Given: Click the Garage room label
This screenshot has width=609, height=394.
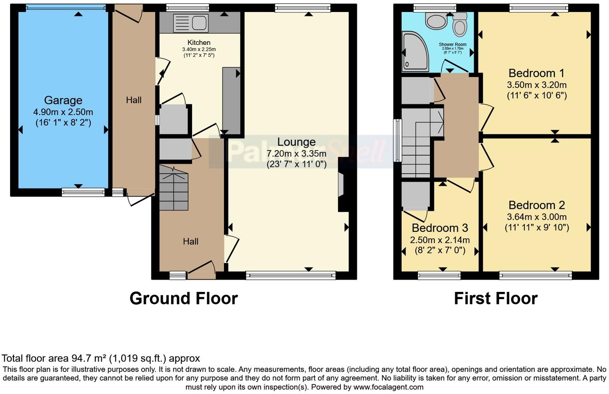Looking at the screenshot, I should click(x=63, y=100).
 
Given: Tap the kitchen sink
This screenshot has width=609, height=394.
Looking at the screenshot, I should click(x=190, y=23).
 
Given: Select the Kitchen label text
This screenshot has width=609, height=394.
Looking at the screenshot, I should click(x=199, y=42).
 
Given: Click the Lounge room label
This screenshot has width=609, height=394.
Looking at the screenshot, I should click(x=296, y=142).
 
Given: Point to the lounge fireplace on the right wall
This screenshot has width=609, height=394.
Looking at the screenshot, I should click(x=341, y=185).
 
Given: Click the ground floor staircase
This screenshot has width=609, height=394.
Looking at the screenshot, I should click(x=173, y=188).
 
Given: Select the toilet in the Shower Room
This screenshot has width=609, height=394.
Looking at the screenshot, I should click(x=460, y=25).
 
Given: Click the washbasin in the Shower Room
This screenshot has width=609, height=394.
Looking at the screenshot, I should click(x=436, y=20).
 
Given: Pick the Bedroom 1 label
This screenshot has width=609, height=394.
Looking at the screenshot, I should click(x=536, y=73).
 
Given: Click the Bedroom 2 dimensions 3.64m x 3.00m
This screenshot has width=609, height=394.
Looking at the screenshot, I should click(x=536, y=217).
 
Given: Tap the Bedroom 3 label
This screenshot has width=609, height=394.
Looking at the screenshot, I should click(x=440, y=228).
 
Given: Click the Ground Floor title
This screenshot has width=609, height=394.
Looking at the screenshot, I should click(x=184, y=298).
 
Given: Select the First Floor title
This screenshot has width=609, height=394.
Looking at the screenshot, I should click(x=495, y=298).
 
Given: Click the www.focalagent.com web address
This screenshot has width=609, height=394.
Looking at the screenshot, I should click(x=388, y=387).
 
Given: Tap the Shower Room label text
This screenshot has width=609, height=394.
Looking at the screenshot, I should click(x=452, y=44).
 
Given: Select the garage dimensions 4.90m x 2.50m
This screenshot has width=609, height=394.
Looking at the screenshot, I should click(x=63, y=112).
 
